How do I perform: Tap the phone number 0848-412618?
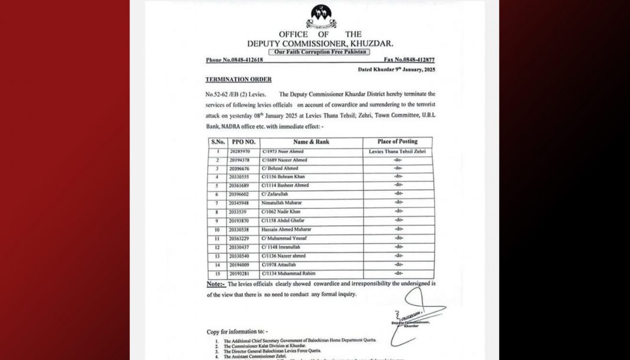pos(234,60)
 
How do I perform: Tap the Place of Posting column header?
pos(398,142)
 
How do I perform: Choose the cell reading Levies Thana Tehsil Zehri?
pos(398,152)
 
